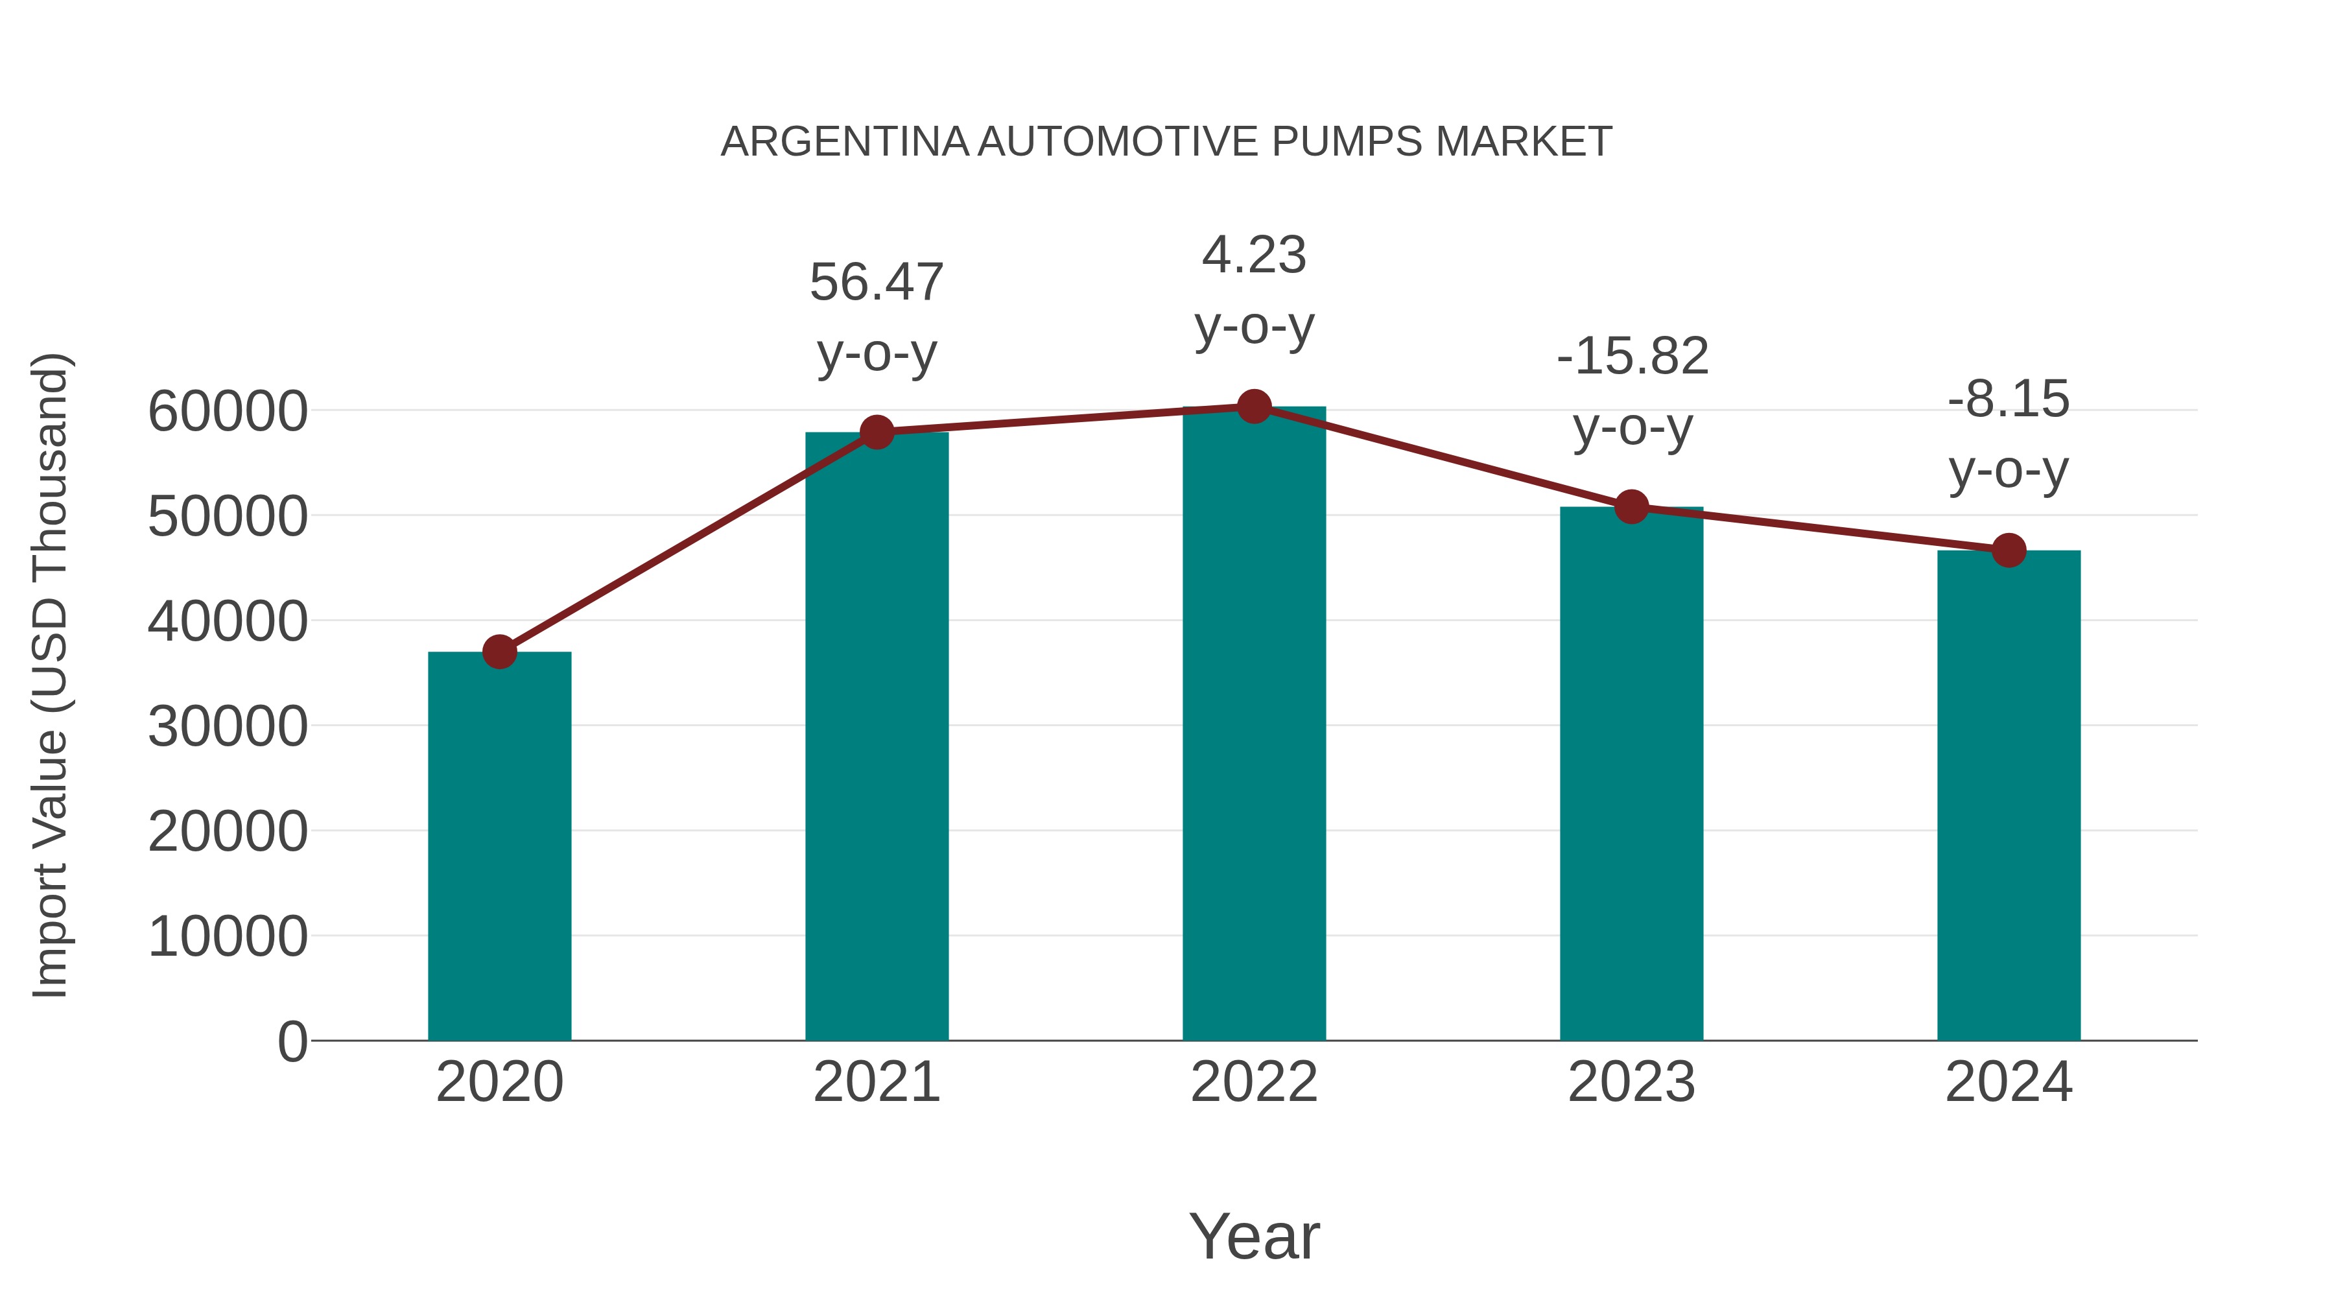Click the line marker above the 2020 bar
(x=499, y=652)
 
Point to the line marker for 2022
(x=1254, y=407)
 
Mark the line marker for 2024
(x=2009, y=550)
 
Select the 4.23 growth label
(x=1254, y=255)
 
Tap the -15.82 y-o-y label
(x=1632, y=356)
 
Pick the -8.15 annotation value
(x=2009, y=399)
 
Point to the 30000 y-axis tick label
(x=228, y=727)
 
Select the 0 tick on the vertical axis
(x=292, y=1041)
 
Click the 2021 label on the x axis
(x=876, y=1082)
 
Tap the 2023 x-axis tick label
(x=1631, y=1082)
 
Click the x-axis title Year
(x=1254, y=1236)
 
